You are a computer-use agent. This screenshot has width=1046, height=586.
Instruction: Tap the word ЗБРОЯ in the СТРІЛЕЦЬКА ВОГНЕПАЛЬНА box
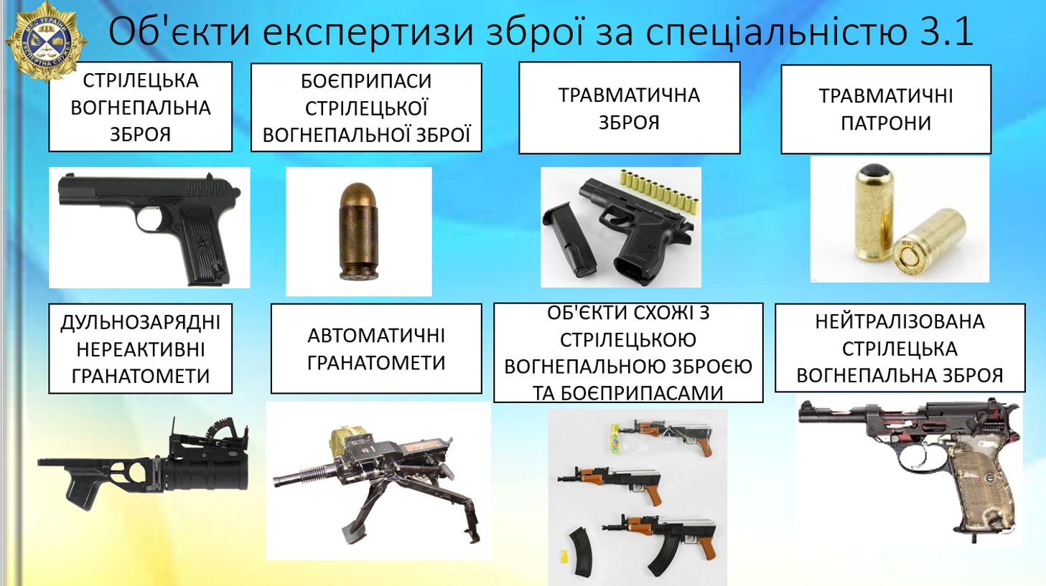tap(141, 134)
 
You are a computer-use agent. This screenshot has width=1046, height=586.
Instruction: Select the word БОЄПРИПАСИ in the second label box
tap(366, 81)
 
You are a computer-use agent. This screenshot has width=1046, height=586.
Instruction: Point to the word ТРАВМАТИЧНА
tap(629, 95)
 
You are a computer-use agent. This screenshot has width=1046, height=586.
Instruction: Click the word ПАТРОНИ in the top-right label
tap(886, 123)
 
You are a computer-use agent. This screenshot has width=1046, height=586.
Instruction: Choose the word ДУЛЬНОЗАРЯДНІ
tap(141, 322)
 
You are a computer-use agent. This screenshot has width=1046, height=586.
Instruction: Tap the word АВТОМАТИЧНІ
tap(376, 336)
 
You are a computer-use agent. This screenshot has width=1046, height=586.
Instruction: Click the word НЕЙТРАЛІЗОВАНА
tap(900, 321)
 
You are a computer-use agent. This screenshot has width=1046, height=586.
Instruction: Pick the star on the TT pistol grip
tap(202, 242)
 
